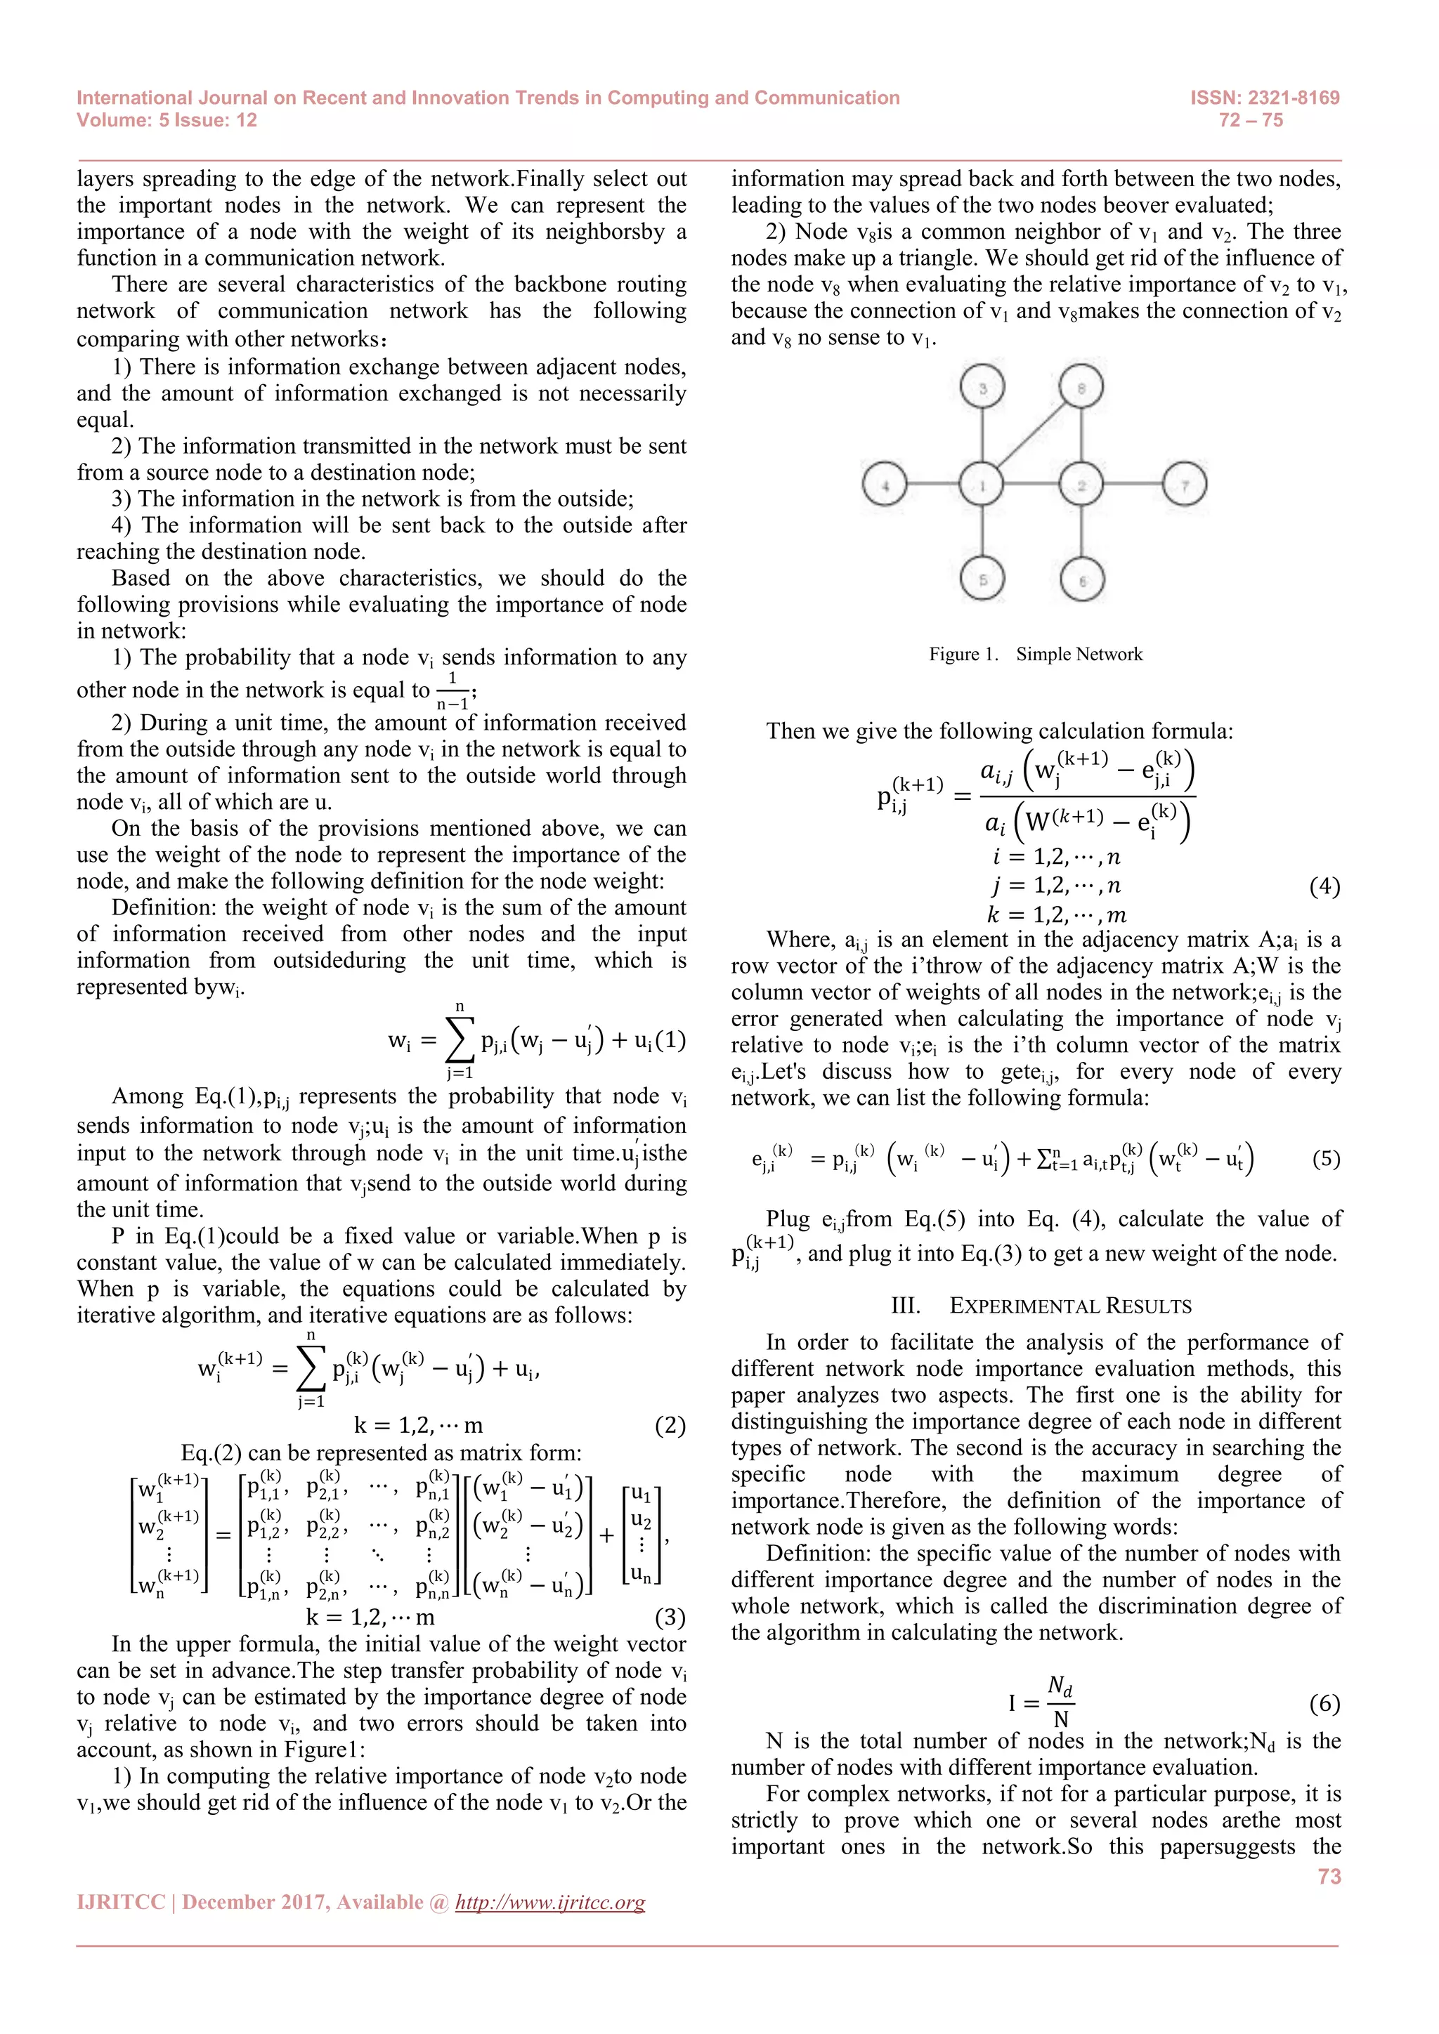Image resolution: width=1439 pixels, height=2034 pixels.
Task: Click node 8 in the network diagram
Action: (1081, 387)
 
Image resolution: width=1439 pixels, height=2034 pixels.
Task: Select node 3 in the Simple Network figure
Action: (982, 387)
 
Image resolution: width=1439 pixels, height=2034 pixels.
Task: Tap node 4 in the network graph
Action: (885, 485)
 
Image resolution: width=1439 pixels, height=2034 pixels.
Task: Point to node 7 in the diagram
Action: (1185, 485)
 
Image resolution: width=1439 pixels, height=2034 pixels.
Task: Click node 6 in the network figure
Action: (1082, 581)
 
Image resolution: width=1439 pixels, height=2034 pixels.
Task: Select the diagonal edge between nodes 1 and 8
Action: (1032, 435)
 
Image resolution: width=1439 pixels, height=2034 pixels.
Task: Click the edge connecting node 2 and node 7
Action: (1133, 485)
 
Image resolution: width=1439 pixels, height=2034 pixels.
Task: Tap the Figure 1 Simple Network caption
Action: (1035, 655)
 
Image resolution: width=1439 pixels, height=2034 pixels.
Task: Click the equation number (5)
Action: (1326, 1159)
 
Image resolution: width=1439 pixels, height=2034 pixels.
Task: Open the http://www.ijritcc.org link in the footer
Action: (549, 1902)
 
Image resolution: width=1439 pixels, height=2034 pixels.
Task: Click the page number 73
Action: (1329, 1876)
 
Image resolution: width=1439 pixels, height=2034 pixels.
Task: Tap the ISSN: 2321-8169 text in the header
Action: (1265, 98)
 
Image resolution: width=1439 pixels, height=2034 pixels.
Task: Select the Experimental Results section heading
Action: (1041, 1306)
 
